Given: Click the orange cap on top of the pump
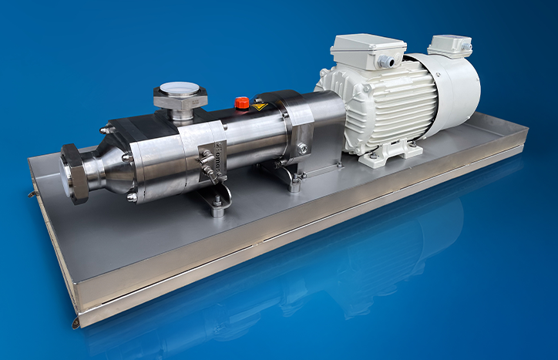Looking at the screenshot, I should [242, 103].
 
